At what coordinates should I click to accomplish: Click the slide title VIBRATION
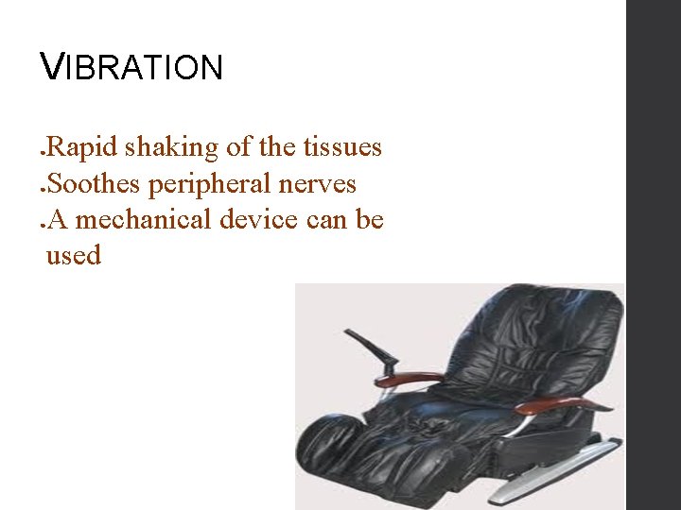[132, 67]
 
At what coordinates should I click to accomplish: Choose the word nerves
[317, 184]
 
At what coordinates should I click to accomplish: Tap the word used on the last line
[73, 255]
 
